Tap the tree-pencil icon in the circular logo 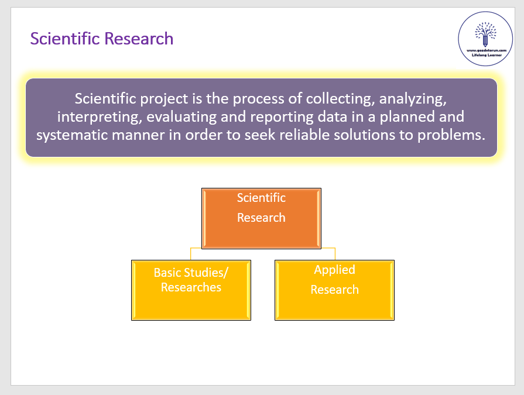coord(485,34)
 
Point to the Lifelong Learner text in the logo coord(487,55)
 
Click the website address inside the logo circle coord(487,50)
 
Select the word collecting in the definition coord(340,98)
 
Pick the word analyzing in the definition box coord(413,99)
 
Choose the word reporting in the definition coord(282,117)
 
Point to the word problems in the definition coord(451,135)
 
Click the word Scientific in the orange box coord(261,198)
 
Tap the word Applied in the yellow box coord(334,270)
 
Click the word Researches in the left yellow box coord(191,287)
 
